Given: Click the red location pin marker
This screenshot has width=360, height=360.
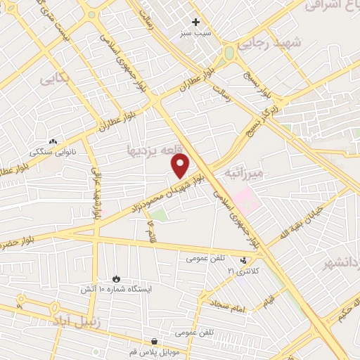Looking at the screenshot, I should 181,166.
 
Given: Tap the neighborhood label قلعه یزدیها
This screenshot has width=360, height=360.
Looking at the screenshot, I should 154,150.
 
